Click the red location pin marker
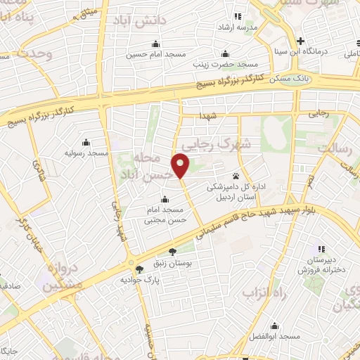[182, 166]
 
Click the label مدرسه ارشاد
[236, 27]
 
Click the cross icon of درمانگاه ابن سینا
[301, 40]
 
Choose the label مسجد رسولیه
[86, 153]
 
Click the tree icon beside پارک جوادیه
[139, 269]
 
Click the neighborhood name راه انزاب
[266, 291]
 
